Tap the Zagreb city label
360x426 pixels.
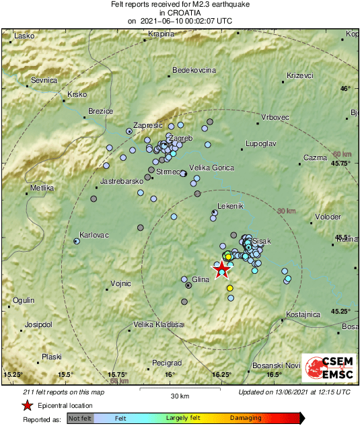pos(182,138)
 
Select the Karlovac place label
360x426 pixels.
pos(94,236)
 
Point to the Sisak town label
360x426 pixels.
pos(261,240)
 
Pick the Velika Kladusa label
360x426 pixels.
pos(158,324)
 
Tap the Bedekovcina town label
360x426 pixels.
pos(194,70)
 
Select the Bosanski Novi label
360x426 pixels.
pos(276,365)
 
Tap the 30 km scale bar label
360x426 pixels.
pos(179,395)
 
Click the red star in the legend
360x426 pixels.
pos(27,405)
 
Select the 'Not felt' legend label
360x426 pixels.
pos(79,418)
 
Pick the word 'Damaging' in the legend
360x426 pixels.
pos(246,418)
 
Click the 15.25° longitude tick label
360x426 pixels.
pos(13,374)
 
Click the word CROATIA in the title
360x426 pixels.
pos(180,12)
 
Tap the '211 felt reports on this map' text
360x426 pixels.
pos(64,392)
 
